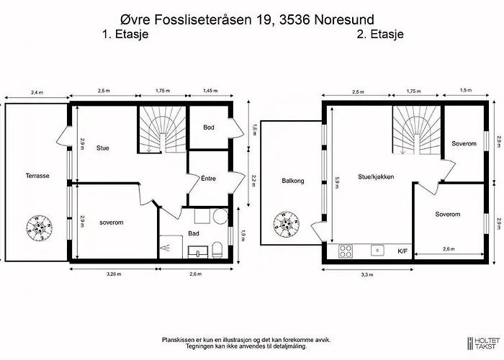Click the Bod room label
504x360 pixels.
coord(209,127)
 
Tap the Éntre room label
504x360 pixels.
coord(208,178)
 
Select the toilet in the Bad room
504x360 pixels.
coord(217,250)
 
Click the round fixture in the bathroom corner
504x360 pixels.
coord(220,216)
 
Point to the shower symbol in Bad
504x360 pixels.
coord(166,248)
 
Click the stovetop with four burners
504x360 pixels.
coord(346,251)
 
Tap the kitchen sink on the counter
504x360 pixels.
coord(377,251)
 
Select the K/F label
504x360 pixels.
coord(402,251)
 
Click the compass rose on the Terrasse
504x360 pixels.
coord(39,228)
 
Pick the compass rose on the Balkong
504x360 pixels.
coord(287,225)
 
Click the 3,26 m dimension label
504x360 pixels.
coord(114,274)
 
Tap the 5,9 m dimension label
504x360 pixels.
coord(336,182)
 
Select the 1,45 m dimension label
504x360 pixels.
coord(210,91)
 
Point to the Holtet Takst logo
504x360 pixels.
coord(484,343)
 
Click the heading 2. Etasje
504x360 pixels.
coord(380,34)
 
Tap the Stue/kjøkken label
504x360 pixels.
coord(376,176)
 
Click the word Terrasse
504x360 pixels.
coord(37,176)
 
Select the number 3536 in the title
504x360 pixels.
coord(295,19)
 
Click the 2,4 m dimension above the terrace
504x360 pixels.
coord(37,93)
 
